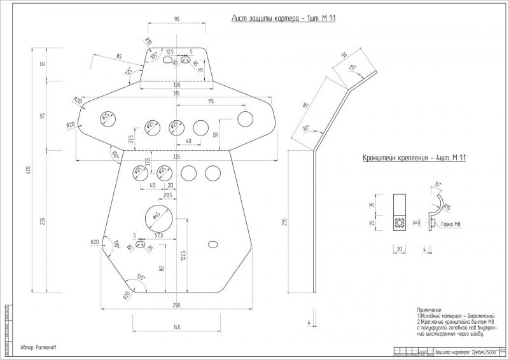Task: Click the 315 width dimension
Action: [176, 93]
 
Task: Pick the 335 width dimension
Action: [176, 156]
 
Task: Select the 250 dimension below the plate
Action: [176, 306]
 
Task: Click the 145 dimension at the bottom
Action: [176, 327]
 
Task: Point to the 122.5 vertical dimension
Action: [183, 256]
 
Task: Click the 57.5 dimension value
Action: [158, 235]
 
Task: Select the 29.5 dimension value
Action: [167, 195]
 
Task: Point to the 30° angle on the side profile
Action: [305, 128]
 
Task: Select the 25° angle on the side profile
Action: [352, 66]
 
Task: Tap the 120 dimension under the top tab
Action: [176, 85]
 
